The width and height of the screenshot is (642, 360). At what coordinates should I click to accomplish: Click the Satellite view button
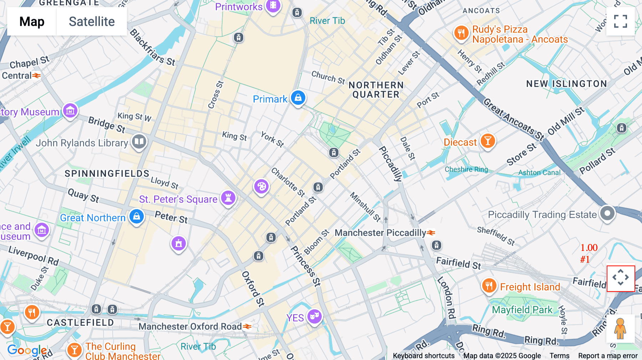tap(92, 22)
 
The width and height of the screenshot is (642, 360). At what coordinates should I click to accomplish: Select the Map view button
tap(32, 22)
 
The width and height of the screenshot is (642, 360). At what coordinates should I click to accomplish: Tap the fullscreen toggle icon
tap(620, 21)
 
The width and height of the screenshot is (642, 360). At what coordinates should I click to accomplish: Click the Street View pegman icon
tap(620, 329)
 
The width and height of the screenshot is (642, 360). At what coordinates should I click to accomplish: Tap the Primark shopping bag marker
tap(298, 97)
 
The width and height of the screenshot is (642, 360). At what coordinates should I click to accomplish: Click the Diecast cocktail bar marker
tap(488, 141)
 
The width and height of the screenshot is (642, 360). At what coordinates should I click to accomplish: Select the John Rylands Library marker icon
tap(139, 142)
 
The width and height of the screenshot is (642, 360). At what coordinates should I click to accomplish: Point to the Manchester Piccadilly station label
tap(380, 233)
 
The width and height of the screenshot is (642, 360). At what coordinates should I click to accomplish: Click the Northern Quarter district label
tap(376, 90)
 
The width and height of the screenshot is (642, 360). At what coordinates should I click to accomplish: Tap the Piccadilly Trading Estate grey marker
tap(607, 214)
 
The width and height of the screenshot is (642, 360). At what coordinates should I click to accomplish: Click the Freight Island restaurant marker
tap(489, 286)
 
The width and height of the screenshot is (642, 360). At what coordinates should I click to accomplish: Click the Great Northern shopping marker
tap(136, 216)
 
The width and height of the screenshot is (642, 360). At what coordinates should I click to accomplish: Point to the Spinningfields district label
tap(107, 174)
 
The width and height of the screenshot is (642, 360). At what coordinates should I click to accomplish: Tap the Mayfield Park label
tap(522, 310)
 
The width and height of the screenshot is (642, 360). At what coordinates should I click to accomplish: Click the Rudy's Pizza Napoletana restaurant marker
tap(461, 33)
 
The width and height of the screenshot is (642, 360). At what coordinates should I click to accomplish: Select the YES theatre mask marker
tap(314, 316)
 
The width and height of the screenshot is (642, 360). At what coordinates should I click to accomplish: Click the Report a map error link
tap(608, 355)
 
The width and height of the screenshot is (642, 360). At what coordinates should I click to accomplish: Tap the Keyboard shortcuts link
tap(423, 355)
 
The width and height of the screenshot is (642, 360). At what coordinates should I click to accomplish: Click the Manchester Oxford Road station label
tap(190, 326)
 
